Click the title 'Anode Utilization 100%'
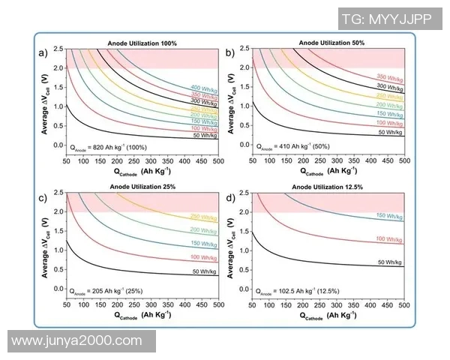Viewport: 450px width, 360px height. coord(142,43)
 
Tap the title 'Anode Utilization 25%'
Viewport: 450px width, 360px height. coord(142,187)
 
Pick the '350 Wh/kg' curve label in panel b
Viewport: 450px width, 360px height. coord(390,77)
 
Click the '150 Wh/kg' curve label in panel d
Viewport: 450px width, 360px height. coord(390,216)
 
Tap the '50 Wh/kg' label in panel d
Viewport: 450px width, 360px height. coord(390,262)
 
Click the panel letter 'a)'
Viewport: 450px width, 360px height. coord(44,52)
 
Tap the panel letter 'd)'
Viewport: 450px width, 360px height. coord(230,196)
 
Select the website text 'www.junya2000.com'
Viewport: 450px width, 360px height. coord(77,340)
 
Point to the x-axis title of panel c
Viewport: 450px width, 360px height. coord(142,316)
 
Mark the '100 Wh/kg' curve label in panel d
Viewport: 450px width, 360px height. coord(390,239)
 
